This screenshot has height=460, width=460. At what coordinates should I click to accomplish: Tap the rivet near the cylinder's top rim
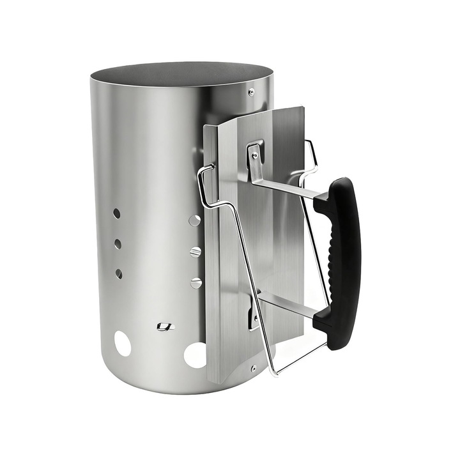pyautogui.click(x=251, y=92)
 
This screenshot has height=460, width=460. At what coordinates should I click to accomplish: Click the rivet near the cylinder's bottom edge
pyautogui.click(x=254, y=368)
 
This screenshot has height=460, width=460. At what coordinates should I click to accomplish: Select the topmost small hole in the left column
pyautogui.click(x=117, y=213)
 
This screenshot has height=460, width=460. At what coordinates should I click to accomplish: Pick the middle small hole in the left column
pyautogui.click(x=118, y=243)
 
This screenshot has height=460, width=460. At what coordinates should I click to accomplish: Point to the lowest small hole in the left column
pyautogui.click(x=119, y=273)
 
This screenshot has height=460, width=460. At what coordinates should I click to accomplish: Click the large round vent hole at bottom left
pyautogui.click(x=123, y=344)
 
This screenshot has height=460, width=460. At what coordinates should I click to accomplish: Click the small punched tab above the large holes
pyautogui.click(x=165, y=326)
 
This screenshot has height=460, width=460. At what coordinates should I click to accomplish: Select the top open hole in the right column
pyautogui.click(x=195, y=220)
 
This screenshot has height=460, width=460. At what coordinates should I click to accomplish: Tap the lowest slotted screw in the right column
pyautogui.click(x=196, y=282)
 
